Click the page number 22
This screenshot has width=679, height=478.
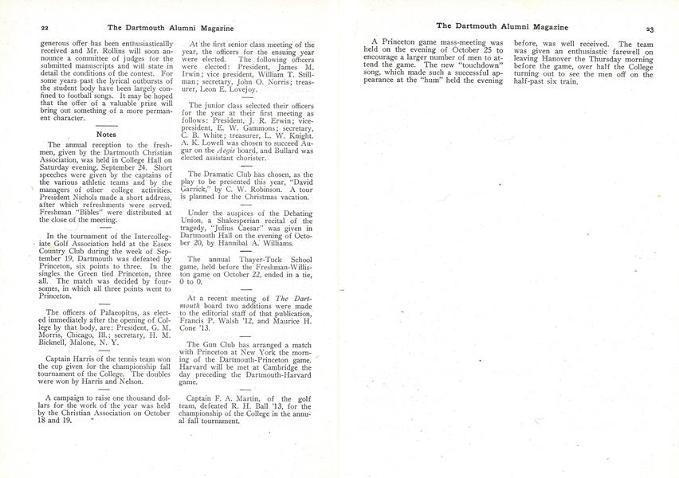coord(22,26)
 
